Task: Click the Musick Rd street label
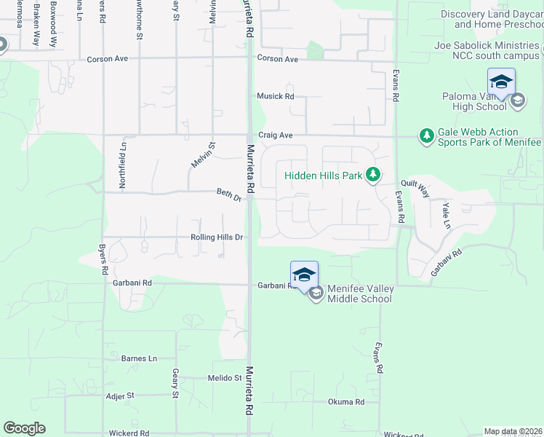(275, 96)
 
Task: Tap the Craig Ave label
(275, 135)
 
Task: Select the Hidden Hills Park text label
(323, 176)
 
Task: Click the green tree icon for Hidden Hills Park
(372, 174)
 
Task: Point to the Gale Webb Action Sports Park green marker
(426, 135)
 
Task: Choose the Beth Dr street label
(228, 194)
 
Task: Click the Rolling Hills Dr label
(216, 237)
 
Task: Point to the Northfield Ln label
(123, 167)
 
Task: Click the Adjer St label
(120, 395)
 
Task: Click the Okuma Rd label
(345, 401)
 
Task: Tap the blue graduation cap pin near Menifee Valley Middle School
(304, 275)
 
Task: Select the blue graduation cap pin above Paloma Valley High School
(501, 82)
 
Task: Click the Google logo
(24, 428)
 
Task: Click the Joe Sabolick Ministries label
(487, 45)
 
